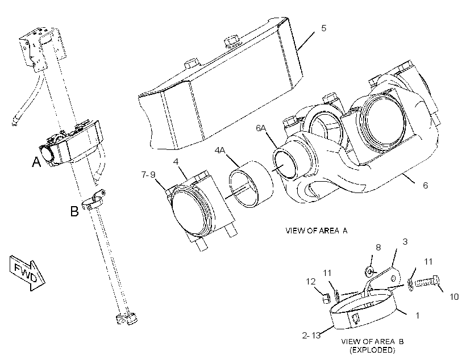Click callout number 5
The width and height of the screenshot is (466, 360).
tap(324, 28)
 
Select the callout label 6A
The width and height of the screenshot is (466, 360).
tap(261, 128)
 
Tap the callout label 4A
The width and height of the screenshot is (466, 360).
tap(220, 150)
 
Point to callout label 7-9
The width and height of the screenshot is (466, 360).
tap(148, 175)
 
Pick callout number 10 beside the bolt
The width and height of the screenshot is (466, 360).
tap(454, 296)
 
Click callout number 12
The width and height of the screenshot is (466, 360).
tap(310, 281)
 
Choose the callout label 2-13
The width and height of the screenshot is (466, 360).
tap(311, 336)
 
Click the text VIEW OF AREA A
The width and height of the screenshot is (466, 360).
tap(316, 231)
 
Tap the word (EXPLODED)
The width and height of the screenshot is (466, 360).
tap(372, 350)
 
